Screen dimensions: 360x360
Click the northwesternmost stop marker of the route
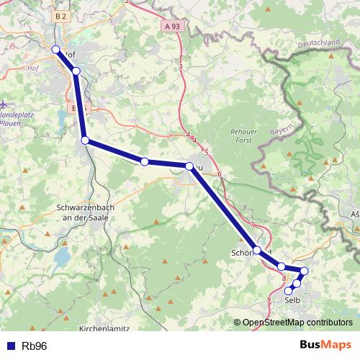(56, 49)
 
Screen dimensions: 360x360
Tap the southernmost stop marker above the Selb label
(289, 291)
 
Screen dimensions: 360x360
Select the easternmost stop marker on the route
(304, 271)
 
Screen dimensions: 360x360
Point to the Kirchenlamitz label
(103, 328)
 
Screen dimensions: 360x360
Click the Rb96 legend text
(35, 346)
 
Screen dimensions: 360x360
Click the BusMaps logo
(325, 345)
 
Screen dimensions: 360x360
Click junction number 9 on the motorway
(269, 299)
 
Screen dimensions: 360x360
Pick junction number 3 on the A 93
(181, 67)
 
